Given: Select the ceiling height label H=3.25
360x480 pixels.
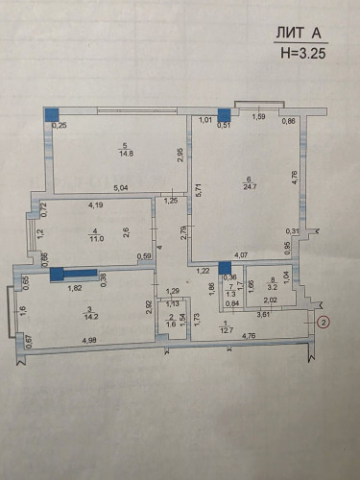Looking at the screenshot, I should pos(301,54).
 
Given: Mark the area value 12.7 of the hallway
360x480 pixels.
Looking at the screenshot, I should pos(226,330).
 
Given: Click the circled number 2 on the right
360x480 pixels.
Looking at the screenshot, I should pos(324,324).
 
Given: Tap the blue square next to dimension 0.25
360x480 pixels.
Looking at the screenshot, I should pos(52,112).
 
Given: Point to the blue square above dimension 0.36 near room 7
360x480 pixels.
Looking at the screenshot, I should pos(225,268).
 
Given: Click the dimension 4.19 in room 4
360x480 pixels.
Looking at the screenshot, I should pos(96,204).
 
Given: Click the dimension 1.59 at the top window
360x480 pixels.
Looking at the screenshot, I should pos(259,117).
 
